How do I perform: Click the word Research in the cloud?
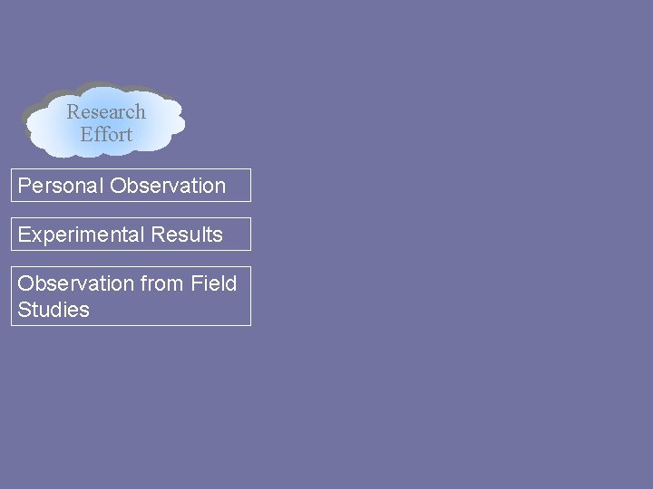coord(106,112)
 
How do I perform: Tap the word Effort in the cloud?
coord(106,134)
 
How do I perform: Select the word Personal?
coord(61,186)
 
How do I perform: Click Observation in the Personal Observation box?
coord(168,186)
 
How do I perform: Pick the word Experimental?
coord(82,235)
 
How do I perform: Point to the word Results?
coord(187,235)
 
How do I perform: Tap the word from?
coord(162,283)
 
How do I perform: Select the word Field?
coord(214,283)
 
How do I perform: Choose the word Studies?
coord(54,310)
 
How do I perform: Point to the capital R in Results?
coord(158,235)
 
